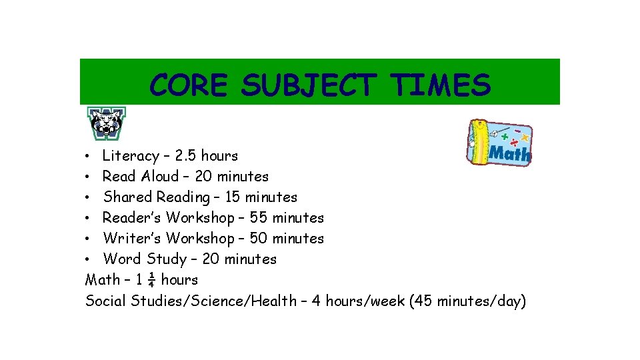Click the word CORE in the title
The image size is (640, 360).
click(189, 85)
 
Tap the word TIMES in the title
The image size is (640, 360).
click(441, 85)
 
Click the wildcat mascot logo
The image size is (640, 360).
click(107, 123)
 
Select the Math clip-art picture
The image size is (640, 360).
click(499, 143)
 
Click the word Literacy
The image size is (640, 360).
click(131, 156)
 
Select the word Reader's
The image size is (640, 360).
click(132, 218)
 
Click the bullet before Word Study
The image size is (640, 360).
click(89, 259)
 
